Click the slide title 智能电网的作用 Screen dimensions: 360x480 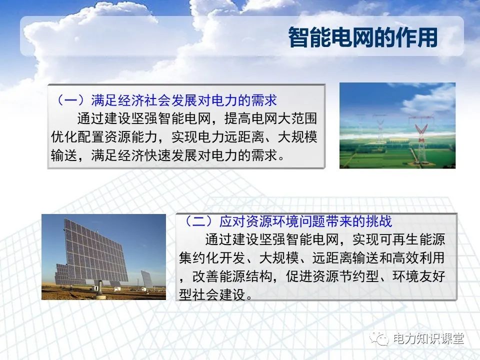coord(363,37)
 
